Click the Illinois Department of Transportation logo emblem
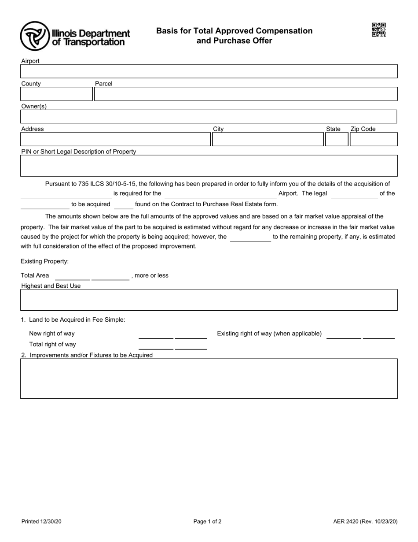[34, 36]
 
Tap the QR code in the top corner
[378, 30]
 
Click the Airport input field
[209, 72]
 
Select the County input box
[56, 94]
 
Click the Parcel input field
[246, 94]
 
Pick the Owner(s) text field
[209, 117]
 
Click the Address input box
[115, 140]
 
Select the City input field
[268, 140]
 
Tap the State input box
[336, 140]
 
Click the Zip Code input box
[373, 140]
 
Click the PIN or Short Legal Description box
[209, 166]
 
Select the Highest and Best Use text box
[209, 300]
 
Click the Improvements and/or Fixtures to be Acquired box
[209, 379]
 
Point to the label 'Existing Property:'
[45, 261]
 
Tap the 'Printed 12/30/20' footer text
[41, 522]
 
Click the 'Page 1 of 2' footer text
[207, 522]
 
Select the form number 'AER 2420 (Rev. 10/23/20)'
[365, 522]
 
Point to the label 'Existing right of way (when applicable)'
[269, 334]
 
